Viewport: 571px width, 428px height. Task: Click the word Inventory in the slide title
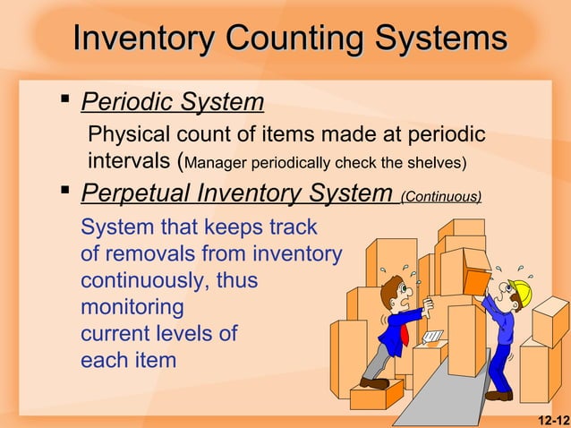[143, 39]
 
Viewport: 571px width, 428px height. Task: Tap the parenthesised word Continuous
[441, 195]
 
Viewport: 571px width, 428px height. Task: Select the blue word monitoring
[132, 307]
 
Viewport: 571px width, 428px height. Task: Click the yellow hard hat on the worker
[519, 289]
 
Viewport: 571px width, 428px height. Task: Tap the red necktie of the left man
[404, 333]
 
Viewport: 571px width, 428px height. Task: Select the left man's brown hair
[388, 287]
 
